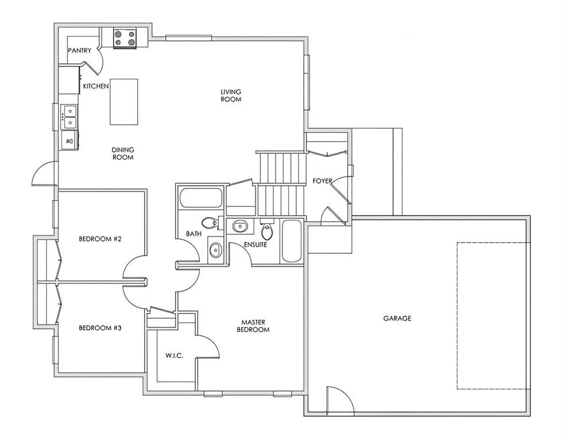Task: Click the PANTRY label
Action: coord(80,51)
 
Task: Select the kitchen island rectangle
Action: coord(123,102)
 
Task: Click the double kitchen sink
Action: coord(69,117)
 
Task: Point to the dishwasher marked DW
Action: coord(69,140)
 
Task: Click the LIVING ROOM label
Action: coord(231,96)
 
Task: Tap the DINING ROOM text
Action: coord(123,153)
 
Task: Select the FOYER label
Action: coord(322,181)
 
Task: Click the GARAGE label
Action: coord(397,318)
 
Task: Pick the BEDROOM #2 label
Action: coord(100,239)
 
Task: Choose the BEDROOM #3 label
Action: coord(100,328)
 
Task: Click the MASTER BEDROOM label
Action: coord(253,326)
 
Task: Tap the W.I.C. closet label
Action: coord(175,355)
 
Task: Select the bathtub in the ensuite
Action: coord(292,241)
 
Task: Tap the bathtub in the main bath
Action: coord(201,198)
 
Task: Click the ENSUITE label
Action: coord(255,245)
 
